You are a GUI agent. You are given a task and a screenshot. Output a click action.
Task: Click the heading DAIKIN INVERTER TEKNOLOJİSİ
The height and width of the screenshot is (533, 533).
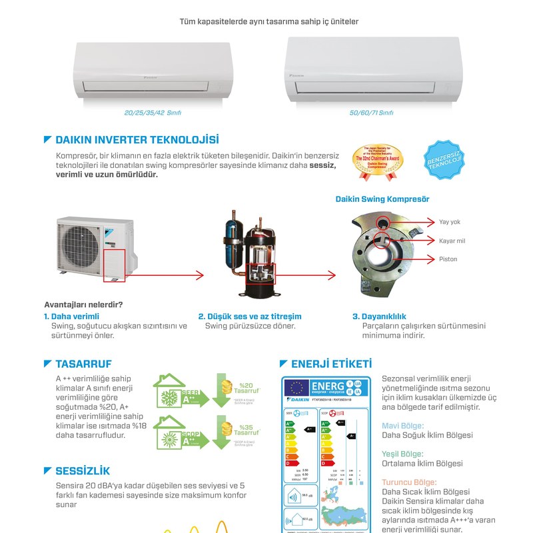137,140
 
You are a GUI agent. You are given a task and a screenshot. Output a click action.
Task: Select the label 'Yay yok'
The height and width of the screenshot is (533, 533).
450,222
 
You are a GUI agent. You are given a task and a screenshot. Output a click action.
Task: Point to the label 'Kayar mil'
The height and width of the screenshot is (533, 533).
452,241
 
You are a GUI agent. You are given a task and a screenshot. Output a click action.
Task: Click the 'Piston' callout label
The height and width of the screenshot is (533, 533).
448,259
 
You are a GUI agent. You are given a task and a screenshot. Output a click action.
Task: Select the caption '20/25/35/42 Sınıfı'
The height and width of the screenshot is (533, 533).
153,113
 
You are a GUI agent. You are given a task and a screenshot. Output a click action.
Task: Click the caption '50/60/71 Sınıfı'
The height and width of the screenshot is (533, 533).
372,113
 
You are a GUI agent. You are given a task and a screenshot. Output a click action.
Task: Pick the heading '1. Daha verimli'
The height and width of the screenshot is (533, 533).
71,316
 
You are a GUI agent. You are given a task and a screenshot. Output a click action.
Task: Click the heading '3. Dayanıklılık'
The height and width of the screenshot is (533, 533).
379,316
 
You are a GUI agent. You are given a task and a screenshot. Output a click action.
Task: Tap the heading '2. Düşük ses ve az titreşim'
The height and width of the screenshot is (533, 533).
250,316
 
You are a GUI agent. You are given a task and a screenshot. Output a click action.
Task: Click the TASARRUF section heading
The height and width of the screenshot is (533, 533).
83,364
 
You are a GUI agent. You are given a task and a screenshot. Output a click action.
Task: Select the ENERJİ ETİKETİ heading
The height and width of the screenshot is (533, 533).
331,364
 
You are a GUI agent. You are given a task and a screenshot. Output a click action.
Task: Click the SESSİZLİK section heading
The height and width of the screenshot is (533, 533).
83,471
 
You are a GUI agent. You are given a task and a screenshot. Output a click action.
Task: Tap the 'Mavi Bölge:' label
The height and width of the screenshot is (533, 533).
402,425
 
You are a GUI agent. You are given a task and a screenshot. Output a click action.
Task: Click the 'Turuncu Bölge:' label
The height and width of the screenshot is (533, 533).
409,482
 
